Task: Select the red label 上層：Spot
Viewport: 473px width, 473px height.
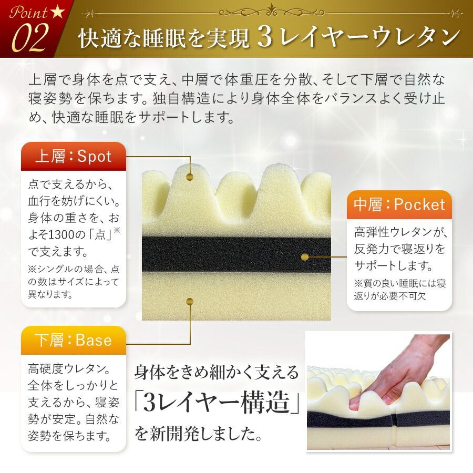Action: pyautogui.click(x=73, y=156)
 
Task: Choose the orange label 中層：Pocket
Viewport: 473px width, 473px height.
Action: pyautogui.click(x=399, y=204)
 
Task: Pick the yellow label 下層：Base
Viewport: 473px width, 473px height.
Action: pyautogui.click(x=73, y=340)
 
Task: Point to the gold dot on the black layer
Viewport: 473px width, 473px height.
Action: pyautogui.click(x=304, y=257)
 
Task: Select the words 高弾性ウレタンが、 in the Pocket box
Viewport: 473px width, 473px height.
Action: pyautogui.click(x=399, y=232)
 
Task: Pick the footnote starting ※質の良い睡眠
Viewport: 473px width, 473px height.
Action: pyautogui.click(x=399, y=289)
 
